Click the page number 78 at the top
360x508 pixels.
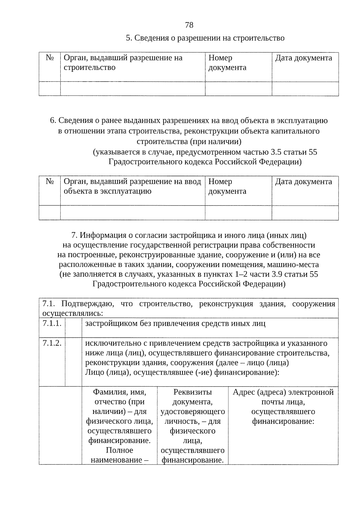pyautogui.click(x=189, y=25)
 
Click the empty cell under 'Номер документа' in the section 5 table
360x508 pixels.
pyautogui.click(x=238, y=89)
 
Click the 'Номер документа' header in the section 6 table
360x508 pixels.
pyautogui.click(x=227, y=186)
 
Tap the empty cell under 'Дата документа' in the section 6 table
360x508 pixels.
pyautogui.click(x=305, y=213)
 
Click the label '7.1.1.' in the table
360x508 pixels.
pyautogui.click(x=52, y=324)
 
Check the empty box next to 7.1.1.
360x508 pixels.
pyautogui.click(x=73, y=328)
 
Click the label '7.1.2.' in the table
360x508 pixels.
pyautogui.click(x=52, y=343)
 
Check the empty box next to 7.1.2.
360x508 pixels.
pyautogui.click(x=73, y=362)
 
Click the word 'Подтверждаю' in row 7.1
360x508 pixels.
pyautogui.click(x=87, y=304)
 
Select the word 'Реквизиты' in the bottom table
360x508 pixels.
pyautogui.click(x=192, y=392)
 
